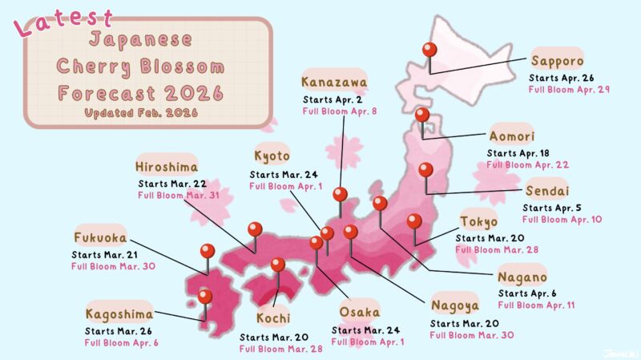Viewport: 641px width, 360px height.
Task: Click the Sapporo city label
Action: tap(557, 60)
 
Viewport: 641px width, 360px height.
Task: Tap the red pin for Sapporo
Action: tap(429, 51)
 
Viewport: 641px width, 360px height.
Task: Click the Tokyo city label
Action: tap(479, 221)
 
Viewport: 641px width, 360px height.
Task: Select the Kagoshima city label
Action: tap(119, 313)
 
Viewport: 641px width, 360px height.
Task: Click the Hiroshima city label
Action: tap(167, 166)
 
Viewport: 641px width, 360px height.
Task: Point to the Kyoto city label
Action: tap(272, 156)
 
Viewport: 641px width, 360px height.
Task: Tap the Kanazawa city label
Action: tap(334, 82)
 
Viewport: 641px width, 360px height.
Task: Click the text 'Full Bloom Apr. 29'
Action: tap(569, 89)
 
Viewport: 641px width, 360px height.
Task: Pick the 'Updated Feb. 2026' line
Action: tap(140, 113)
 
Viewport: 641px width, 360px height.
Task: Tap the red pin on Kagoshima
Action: tap(205, 297)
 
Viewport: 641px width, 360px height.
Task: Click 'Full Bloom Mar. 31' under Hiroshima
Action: tap(174, 195)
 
